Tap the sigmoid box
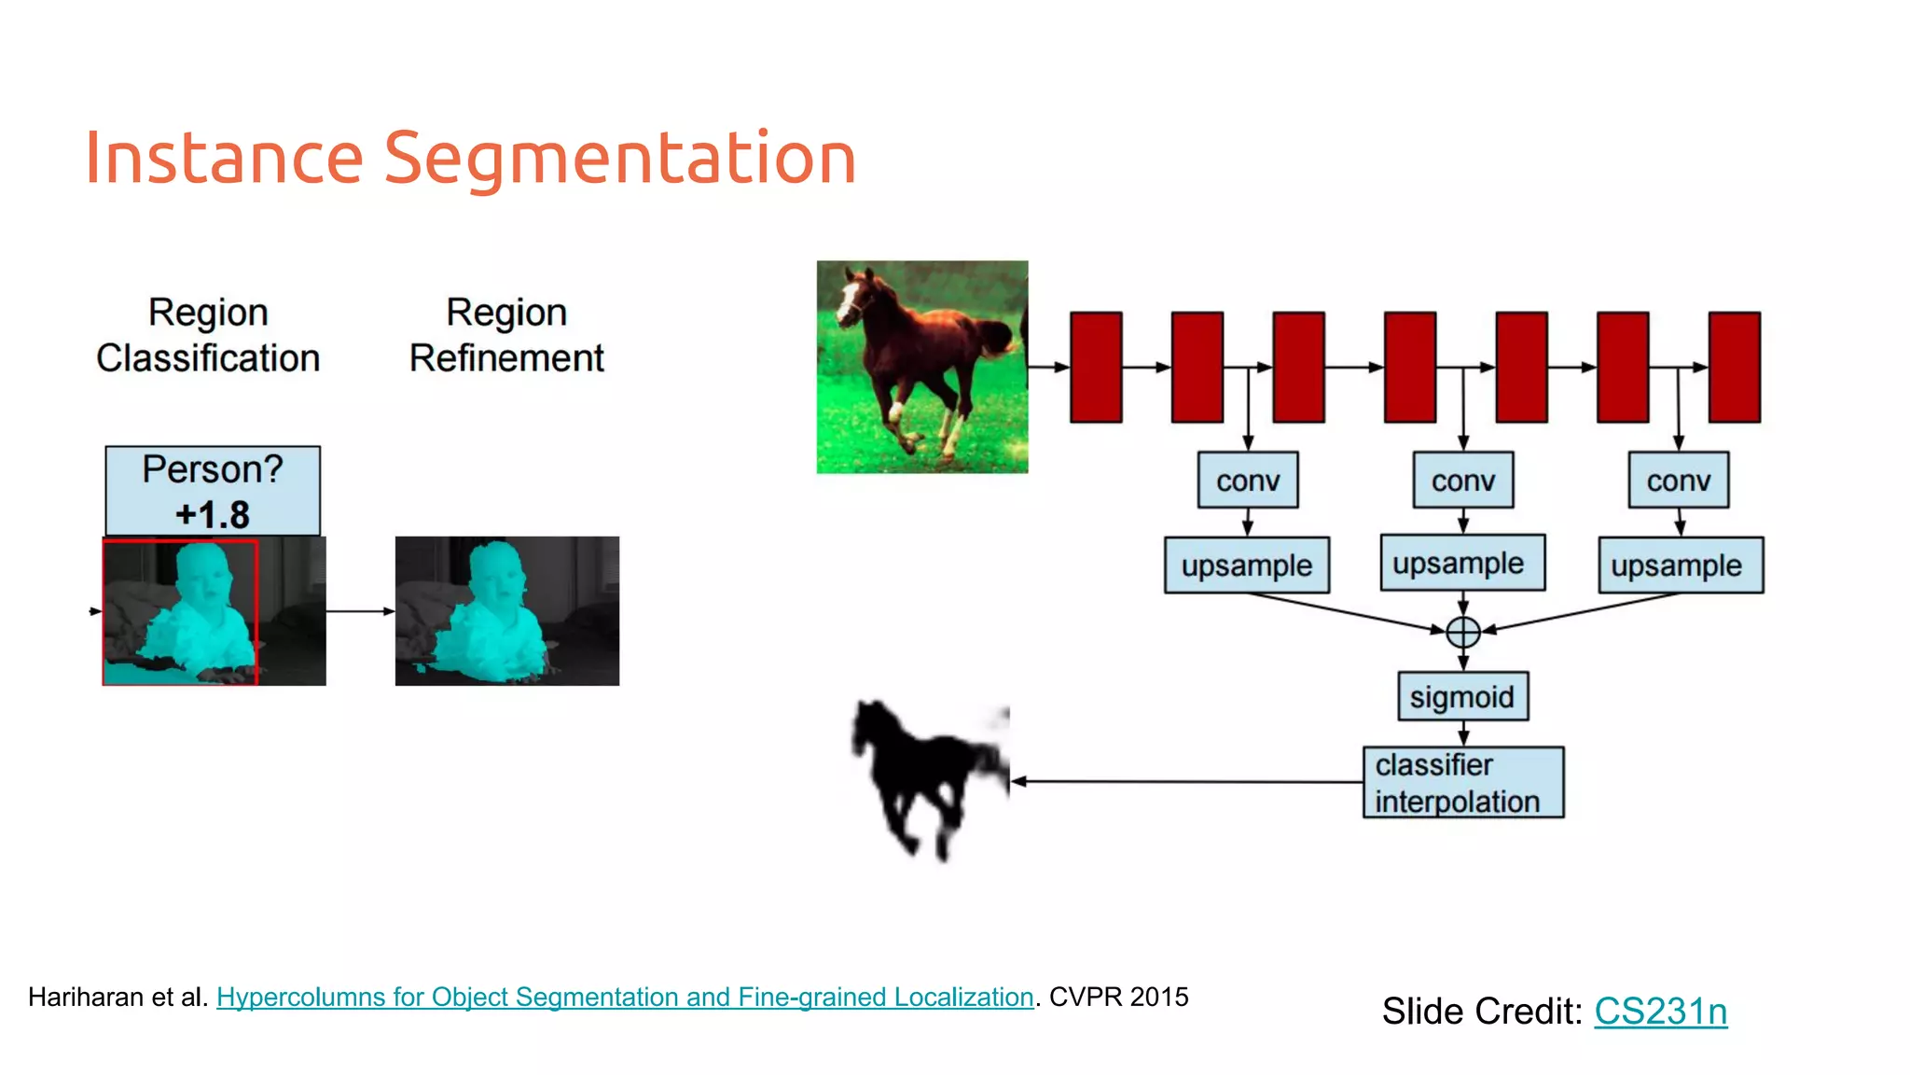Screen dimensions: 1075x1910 point(1462,697)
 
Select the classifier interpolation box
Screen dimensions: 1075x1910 point(1462,783)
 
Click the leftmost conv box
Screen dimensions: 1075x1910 point(1248,481)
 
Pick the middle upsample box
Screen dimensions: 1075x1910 point(1462,564)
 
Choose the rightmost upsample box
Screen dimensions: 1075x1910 point(1681,565)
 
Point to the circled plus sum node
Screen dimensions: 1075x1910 point(1463,632)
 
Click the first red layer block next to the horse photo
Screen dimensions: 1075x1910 point(1096,368)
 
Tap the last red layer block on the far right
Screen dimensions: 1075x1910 point(1734,368)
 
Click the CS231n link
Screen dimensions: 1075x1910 point(1660,1012)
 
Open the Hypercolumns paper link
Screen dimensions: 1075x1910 point(625,998)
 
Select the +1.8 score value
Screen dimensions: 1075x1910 point(213,515)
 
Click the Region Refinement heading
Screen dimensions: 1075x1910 point(506,335)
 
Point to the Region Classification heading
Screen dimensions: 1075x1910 point(208,335)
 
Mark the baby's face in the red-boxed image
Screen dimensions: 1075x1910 point(207,576)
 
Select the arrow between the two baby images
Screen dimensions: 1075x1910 point(360,611)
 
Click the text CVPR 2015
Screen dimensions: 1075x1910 point(1118,998)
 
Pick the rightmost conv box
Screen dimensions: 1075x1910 point(1678,481)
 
